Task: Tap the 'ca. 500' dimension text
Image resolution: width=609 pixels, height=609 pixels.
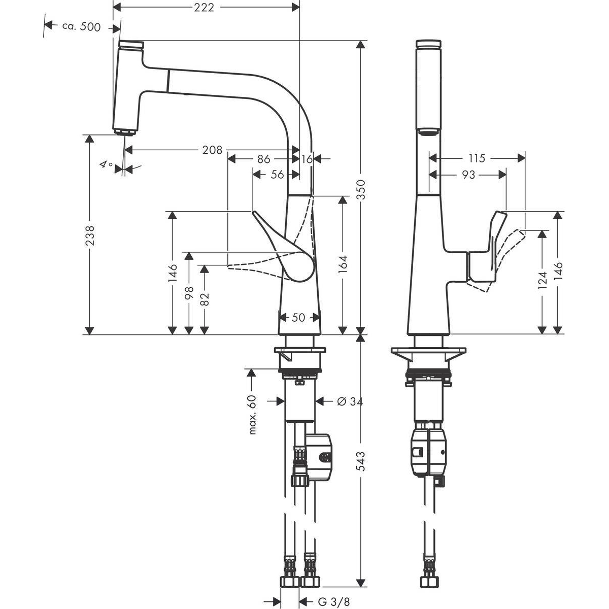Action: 81,27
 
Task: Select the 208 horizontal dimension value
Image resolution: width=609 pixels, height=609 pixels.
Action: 212,150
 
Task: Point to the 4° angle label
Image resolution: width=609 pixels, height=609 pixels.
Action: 106,164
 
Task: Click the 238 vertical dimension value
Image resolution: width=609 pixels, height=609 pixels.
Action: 89,235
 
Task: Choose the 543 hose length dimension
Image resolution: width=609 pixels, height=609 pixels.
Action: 361,462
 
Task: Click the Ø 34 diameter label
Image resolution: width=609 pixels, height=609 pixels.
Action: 350,401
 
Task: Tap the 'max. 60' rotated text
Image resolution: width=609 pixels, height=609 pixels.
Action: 253,415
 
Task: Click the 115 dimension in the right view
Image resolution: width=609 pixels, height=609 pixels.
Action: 476,158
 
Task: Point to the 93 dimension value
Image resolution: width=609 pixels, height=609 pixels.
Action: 468,175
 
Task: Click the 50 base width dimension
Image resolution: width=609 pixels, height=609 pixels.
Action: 299,318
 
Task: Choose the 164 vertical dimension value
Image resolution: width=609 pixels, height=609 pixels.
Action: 344,265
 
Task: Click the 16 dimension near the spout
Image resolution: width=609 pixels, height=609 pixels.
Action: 307,159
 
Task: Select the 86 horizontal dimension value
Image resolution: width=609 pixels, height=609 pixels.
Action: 263,159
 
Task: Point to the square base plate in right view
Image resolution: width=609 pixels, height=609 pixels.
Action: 428,351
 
